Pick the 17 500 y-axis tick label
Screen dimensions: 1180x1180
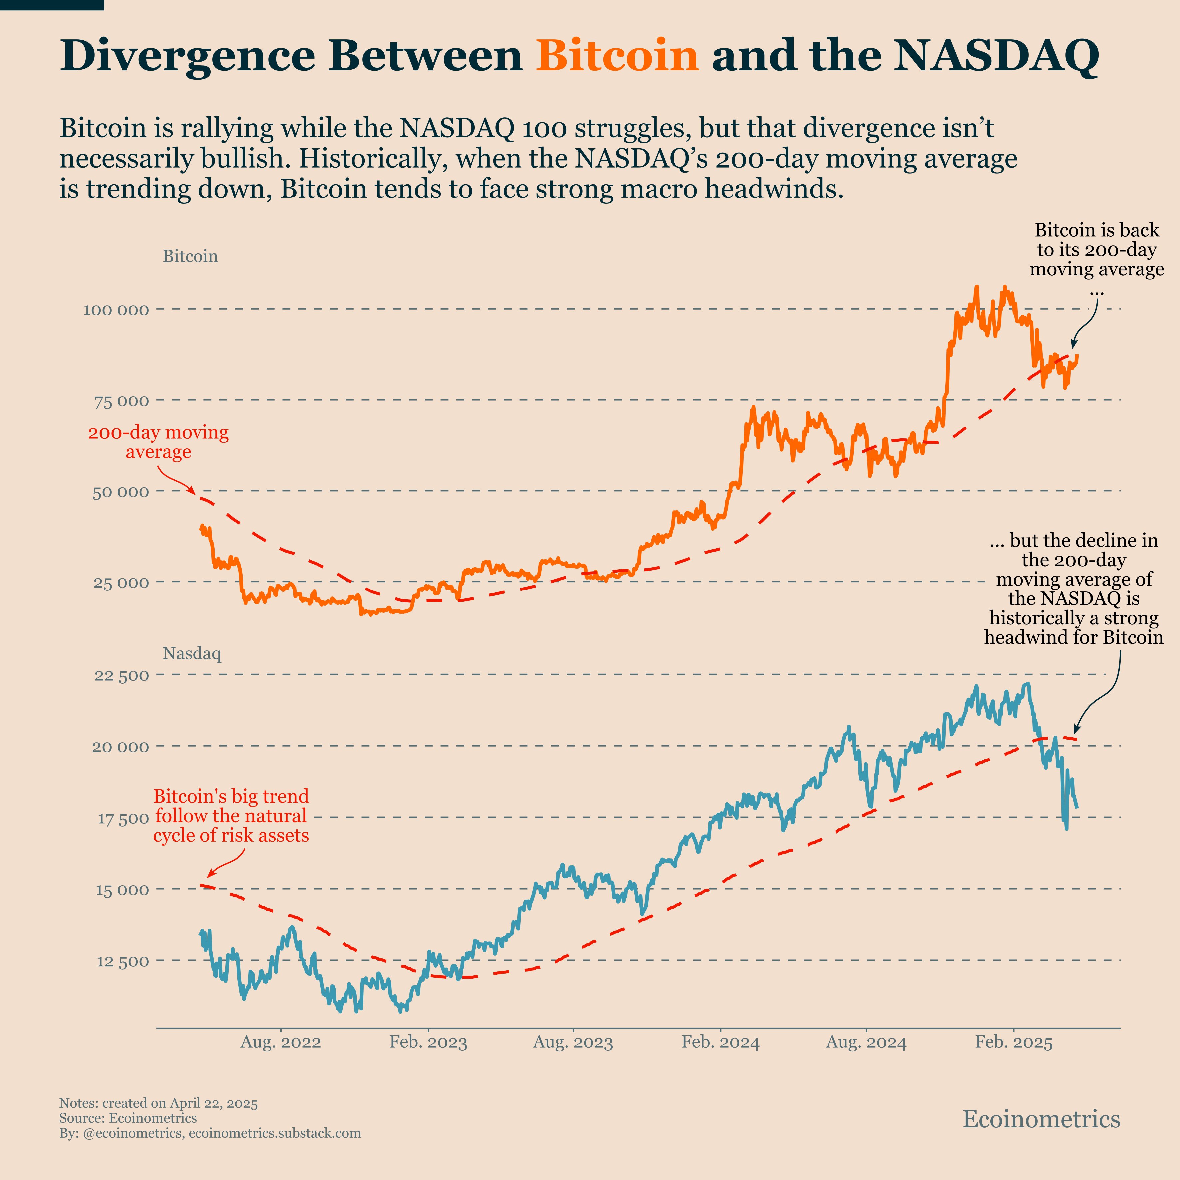tap(123, 818)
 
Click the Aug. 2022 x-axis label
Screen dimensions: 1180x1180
tap(280, 1042)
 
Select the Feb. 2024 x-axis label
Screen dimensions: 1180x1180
tap(721, 1042)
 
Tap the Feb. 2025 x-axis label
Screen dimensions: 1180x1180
tap(1014, 1042)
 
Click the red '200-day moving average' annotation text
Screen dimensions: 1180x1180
tap(158, 442)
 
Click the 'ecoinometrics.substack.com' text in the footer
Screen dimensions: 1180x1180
tap(275, 1133)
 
